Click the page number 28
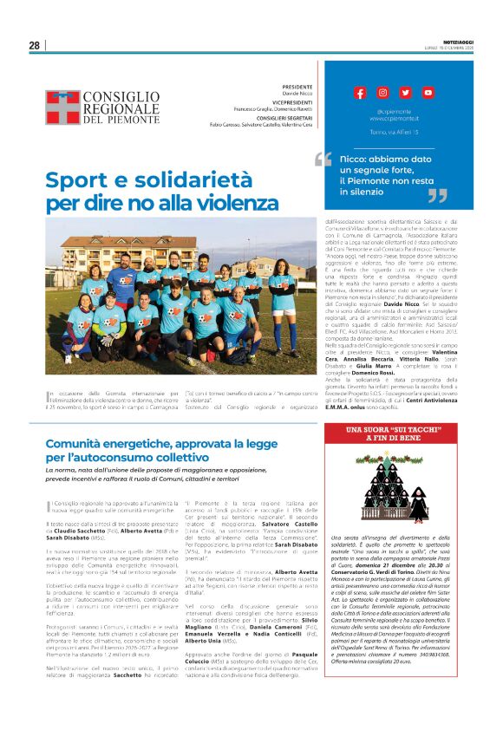[x=35, y=45]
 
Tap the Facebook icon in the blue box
[x=360, y=93]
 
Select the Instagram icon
[x=382, y=93]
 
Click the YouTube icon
[x=428, y=93]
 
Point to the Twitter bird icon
[x=405, y=93]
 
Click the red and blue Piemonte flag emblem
[x=62, y=108]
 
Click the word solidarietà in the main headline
[x=193, y=180]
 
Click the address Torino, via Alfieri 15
[x=394, y=133]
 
